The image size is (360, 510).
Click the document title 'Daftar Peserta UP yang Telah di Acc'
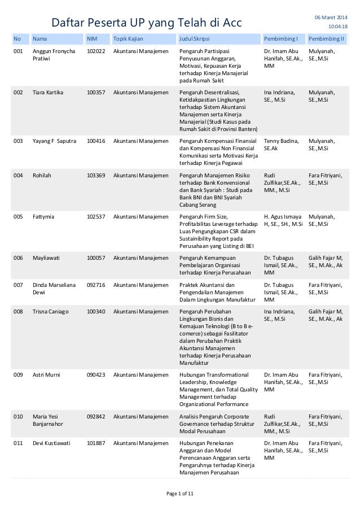pos(146,23)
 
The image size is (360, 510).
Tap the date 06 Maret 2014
pos(331,17)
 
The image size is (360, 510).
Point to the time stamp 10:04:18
pos(338,27)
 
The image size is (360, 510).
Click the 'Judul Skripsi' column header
pos(194,40)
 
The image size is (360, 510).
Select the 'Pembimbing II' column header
pos(326,40)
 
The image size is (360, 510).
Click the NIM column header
pos(91,40)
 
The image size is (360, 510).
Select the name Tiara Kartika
pos(48,92)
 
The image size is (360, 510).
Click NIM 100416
pos(95,141)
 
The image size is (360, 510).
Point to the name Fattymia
pos(44,216)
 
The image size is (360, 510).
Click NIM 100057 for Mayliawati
pos(95,258)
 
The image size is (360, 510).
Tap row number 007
pos(19,285)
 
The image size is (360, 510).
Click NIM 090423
pos(95,374)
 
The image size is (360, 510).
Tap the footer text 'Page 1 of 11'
pos(180,495)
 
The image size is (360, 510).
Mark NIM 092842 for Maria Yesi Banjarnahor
pos(95,417)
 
